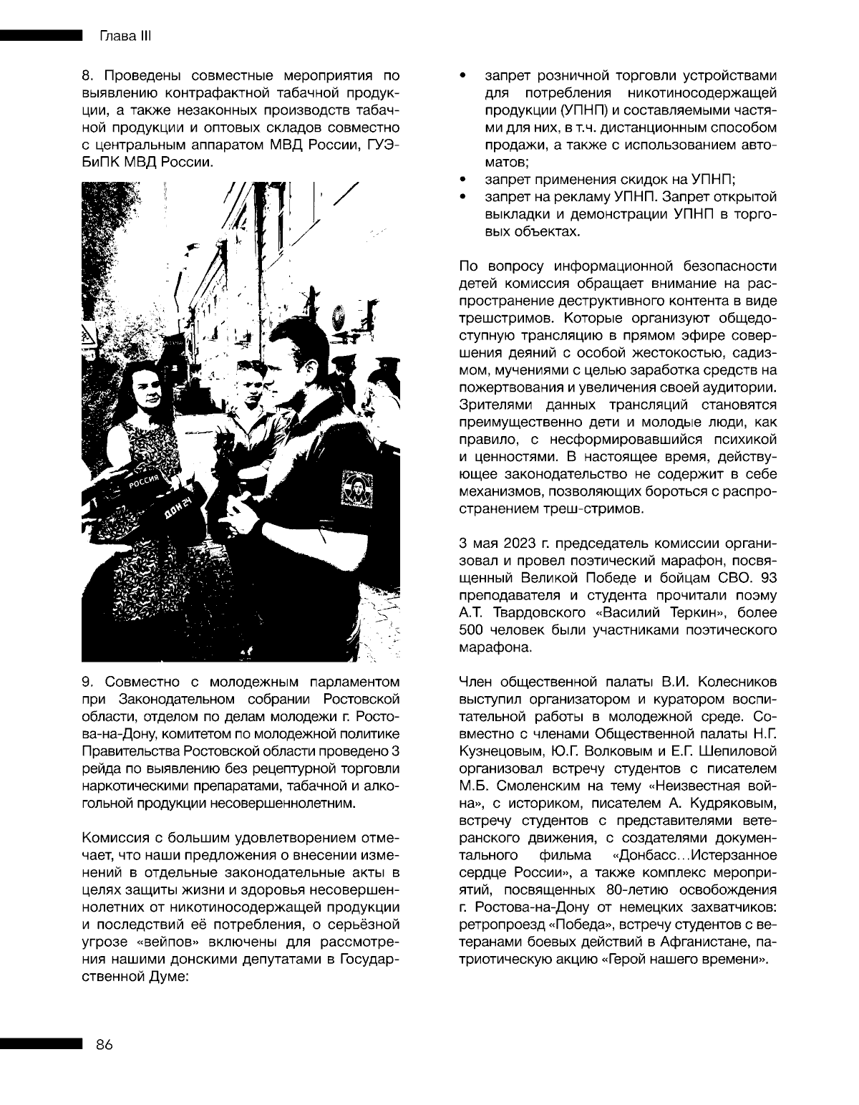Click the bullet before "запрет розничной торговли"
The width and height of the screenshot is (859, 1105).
463,74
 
